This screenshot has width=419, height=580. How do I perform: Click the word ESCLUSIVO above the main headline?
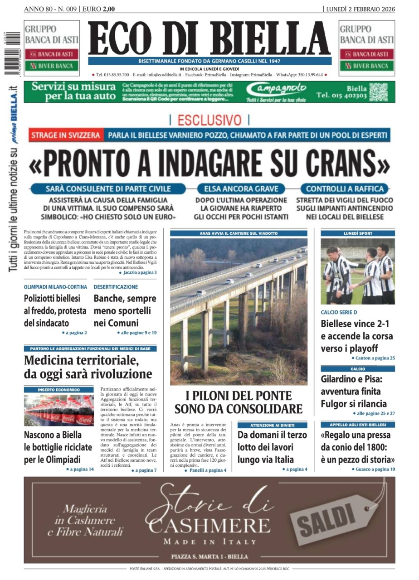click(x=209, y=120)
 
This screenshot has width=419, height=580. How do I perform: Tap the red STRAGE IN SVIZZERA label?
click(x=66, y=135)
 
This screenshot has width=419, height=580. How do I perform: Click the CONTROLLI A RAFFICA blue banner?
click(x=345, y=189)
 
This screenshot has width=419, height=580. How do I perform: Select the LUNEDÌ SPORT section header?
click(x=358, y=233)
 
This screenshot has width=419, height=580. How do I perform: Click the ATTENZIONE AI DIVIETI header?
click(x=272, y=425)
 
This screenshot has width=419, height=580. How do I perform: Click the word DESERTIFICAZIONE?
click(x=116, y=287)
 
